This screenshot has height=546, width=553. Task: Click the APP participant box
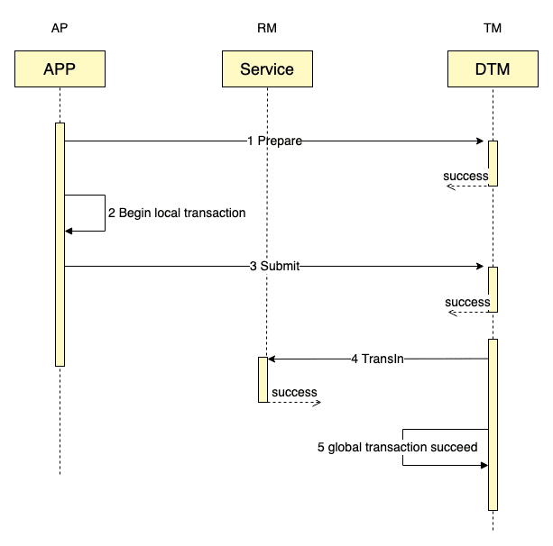click(x=60, y=69)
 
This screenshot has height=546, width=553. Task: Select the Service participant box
click(x=267, y=69)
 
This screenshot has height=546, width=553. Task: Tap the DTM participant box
click(x=493, y=69)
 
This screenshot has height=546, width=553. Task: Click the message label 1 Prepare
click(x=274, y=141)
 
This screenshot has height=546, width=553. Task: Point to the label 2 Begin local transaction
click(x=177, y=214)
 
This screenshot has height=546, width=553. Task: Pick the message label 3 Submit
click(x=274, y=267)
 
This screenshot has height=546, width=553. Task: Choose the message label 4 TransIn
click(x=377, y=359)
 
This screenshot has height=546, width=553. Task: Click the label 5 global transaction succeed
click(x=397, y=447)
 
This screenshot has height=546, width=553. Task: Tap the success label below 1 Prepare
click(x=465, y=177)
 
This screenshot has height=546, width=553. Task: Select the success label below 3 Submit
click(x=467, y=303)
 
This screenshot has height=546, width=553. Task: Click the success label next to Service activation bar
click(x=294, y=393)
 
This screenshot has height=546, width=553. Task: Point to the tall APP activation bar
click(x=60, y=244)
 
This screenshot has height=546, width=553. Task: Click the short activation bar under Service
click(x=263, y=379)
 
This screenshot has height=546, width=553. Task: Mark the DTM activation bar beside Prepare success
click(x=493, y=163)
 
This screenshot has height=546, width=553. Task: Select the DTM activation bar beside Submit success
click(x=493, y=289)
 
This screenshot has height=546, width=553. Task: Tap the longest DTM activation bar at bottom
click(x=493, y=424)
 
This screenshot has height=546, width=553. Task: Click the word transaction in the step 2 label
click(x=215, y=214)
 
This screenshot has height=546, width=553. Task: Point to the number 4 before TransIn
click(x=355, y=359)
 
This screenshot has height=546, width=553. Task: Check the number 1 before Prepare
click(x=251, y=141)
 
